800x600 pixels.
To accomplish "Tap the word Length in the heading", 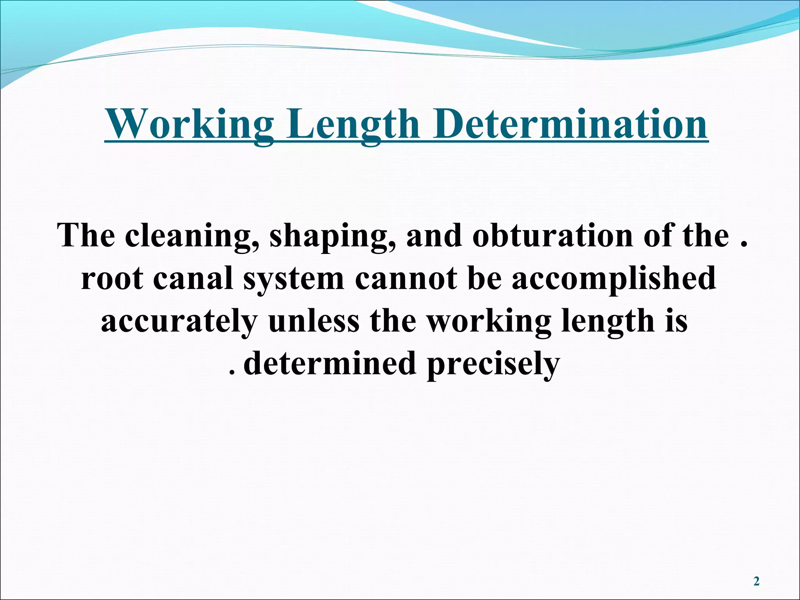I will point(353,124).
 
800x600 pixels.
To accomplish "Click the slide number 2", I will point(756,582).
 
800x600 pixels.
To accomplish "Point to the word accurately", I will point(179,321).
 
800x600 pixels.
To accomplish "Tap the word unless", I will point(314,321).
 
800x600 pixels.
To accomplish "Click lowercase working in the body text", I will point(489,321).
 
